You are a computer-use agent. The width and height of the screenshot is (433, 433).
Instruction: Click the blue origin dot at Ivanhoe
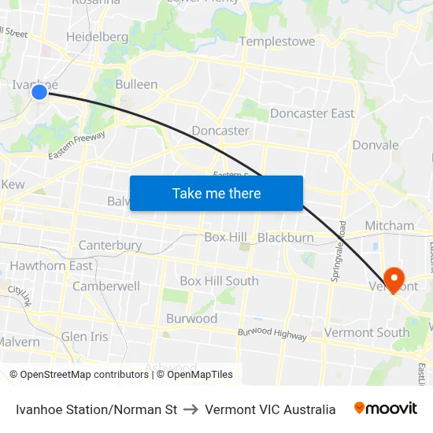39,93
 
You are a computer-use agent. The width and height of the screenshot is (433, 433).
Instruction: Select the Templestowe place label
277,41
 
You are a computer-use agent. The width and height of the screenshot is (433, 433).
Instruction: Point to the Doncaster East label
312,113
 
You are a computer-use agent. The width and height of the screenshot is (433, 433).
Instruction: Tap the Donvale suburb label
376,145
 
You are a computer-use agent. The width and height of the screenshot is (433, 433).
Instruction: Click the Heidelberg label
97,37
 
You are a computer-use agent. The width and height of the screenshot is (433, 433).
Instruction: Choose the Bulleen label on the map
136,84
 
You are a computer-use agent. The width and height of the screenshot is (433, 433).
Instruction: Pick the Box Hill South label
219,281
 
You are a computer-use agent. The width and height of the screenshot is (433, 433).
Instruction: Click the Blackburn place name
285,238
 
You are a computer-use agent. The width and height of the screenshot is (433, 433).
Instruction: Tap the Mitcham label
389,226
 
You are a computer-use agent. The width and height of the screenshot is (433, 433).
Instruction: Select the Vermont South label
367,333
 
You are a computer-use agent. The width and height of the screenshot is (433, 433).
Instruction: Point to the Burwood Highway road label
272,334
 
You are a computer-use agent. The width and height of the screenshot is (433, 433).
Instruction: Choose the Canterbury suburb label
110,246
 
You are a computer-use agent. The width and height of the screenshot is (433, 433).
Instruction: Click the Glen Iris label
85,337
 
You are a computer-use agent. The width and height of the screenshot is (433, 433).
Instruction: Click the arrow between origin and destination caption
191,409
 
